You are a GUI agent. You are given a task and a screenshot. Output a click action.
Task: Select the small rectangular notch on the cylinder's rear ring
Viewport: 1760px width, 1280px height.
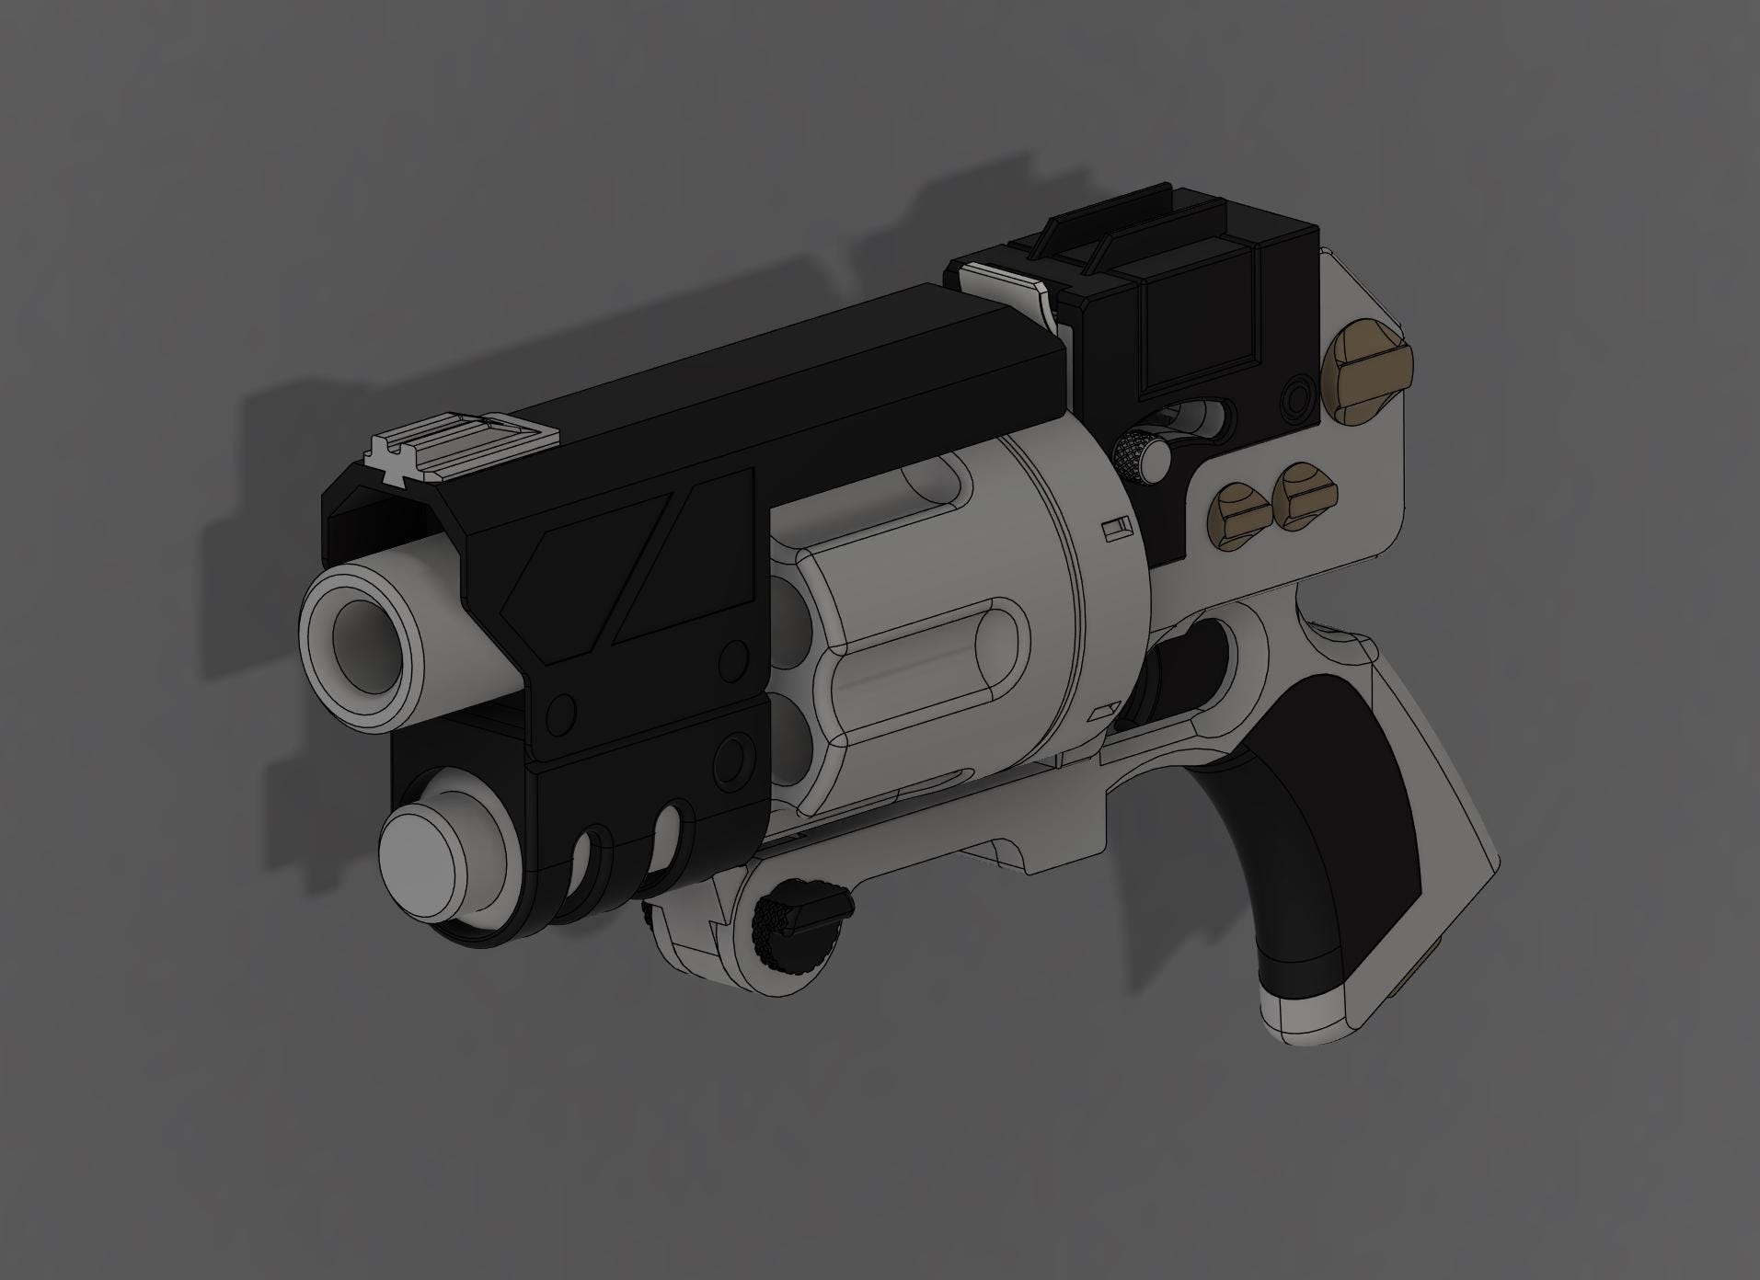[x=1117, y=528]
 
